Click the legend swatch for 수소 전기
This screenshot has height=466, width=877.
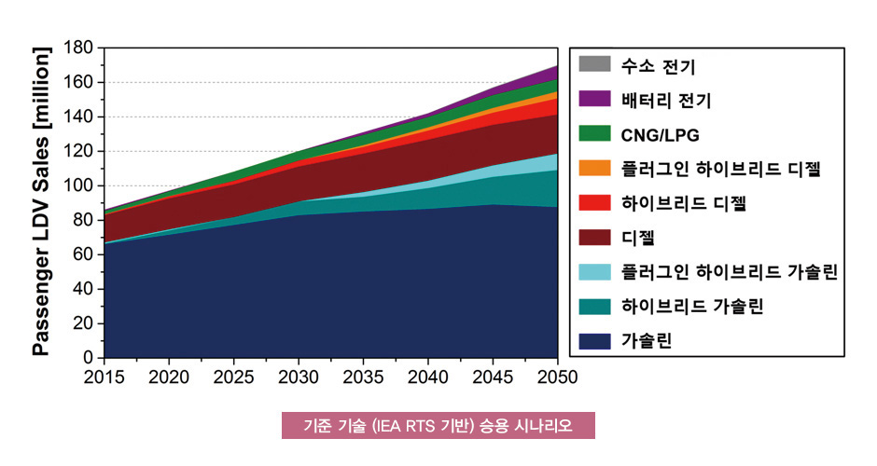point(594,65)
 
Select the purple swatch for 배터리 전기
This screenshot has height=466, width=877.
point(594,98)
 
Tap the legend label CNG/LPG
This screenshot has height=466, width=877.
point(659,133)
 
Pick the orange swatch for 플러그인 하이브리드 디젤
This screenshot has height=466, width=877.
point(594,168)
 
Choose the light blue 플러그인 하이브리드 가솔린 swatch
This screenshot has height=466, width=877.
point(594,271)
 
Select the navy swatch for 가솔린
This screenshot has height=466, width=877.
point(594,341)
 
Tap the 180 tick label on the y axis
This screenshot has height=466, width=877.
point(78,48)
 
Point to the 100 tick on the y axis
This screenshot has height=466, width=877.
point(78,185)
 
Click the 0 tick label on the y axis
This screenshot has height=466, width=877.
point(90,357)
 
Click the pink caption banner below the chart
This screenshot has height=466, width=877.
point(438,426)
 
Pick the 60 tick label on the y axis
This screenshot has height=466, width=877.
point(84,254)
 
